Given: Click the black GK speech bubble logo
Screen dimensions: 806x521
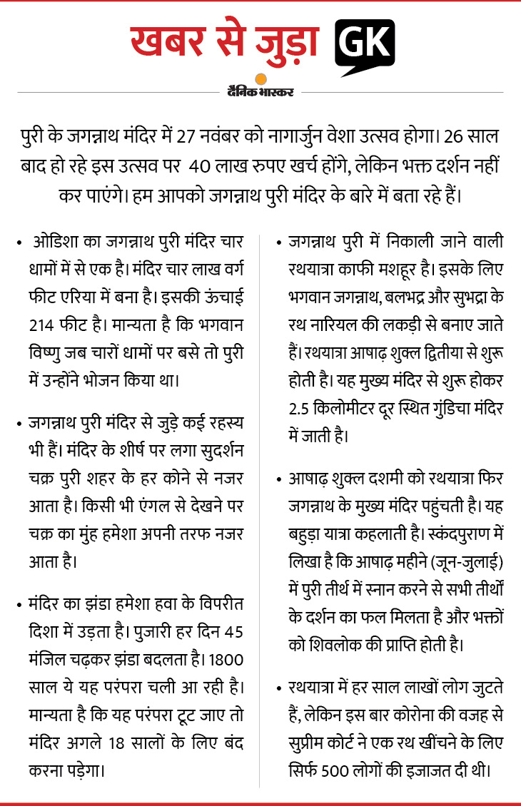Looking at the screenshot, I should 365,44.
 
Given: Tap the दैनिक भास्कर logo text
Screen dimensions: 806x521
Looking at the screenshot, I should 260,91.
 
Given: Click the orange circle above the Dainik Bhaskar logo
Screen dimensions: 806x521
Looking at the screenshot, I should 261,79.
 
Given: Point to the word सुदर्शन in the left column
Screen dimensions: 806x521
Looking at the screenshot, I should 217,452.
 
